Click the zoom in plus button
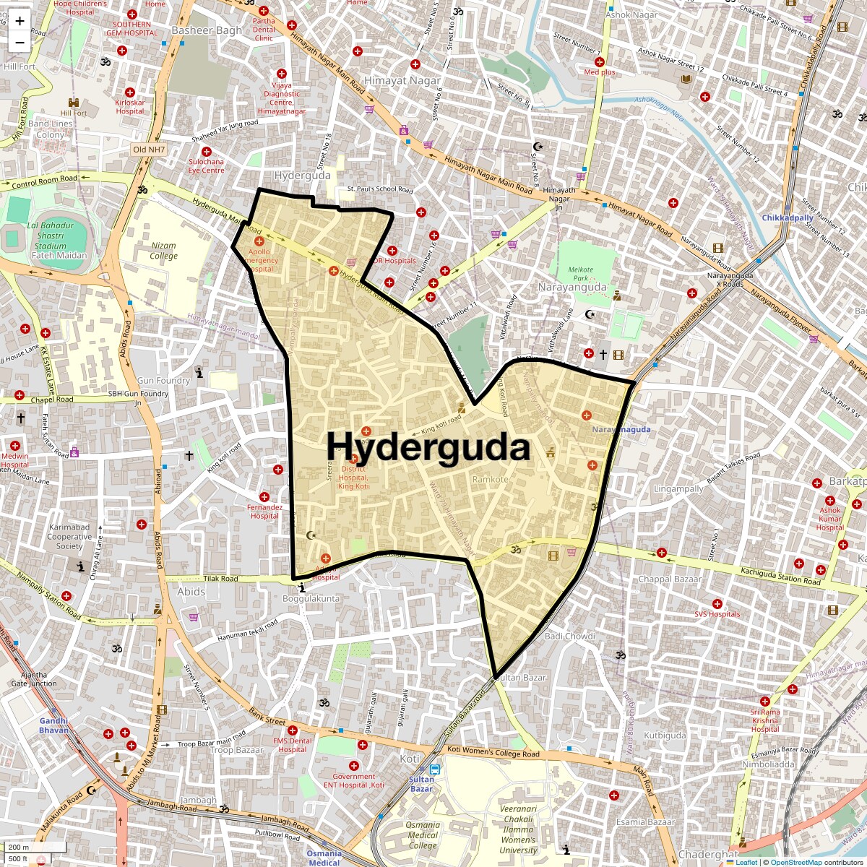point(20,20)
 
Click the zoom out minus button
point(20,42)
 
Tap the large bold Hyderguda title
point(428,447)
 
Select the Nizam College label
point(163,251)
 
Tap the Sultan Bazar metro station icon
point(434,769)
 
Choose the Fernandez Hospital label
point(264,512)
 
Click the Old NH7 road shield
point(150,150)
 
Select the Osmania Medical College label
point(423,835)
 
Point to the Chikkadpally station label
point(788,217)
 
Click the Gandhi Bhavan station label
point(53,725)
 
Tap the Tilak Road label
point(220,579)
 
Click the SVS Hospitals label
point(717,614)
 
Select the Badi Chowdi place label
point(569,636)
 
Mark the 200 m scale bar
point(35,847)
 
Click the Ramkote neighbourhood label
point(490,480)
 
